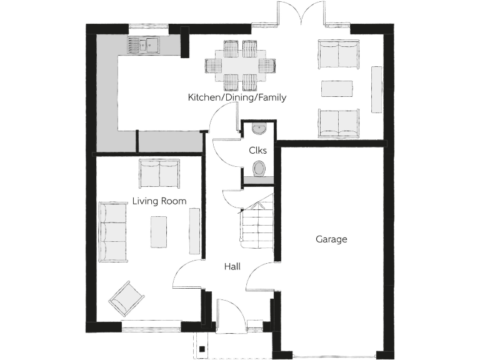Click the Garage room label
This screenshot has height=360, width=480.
pyautogui.click(x=331, y=239)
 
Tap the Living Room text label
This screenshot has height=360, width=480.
pyautogui.click(x=159, y=201)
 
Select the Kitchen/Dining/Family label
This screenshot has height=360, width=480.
pyautogui.click(x=237, y=97)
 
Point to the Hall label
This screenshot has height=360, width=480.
pyautogui.click(x=232, y=267)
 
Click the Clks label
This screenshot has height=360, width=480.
pyautogui.click(x=257, y=150)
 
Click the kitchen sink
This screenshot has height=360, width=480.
pyautogui.click(x=143, y=45)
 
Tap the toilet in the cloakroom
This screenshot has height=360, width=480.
pyautogui.click(x=259, y=167)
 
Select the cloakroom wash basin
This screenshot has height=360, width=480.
pyautogui.click(x=259, y=129)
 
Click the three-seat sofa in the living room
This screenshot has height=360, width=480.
pyautogui.click(x=113, y=231)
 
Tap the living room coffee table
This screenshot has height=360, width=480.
pyautogui.click(x=159, y=231)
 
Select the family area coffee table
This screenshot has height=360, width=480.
pyautogui.click(x=338, y=89)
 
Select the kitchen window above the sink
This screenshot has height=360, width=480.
pyautogui.click(x=149, y=27)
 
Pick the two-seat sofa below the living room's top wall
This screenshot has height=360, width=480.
pyautogui.click(x=159, y=173)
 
